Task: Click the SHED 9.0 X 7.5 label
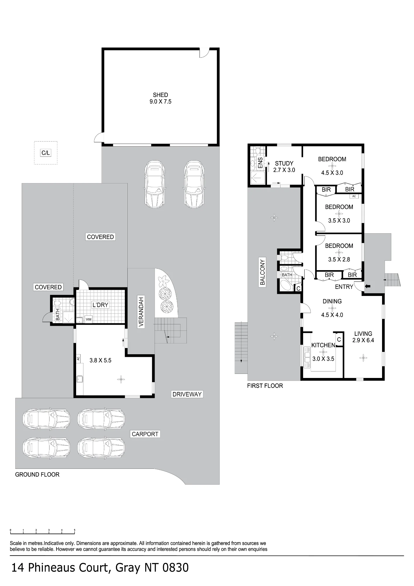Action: coord(160,98)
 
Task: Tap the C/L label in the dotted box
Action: coord(46,153)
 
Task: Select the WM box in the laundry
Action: coord(88,319)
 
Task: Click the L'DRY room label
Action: coord(100,305)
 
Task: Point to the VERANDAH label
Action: coord(141,312)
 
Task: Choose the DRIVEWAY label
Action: coord(187,394)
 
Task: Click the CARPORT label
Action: coord(145,434)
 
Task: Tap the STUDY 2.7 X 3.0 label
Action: coord(284,166)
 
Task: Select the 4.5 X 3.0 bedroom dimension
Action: coord(332,173)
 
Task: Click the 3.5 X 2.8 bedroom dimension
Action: coord(339,259)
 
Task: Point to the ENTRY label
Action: coord(344,287)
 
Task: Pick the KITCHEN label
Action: coord(323,345)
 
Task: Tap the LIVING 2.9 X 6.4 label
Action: coord(363,337)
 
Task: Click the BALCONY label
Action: coord(262,272)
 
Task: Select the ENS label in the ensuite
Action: coord(260,163)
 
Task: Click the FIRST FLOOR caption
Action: coord(265,386)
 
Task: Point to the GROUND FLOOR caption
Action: coord(37,474)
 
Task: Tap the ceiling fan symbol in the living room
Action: coord(363,358)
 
